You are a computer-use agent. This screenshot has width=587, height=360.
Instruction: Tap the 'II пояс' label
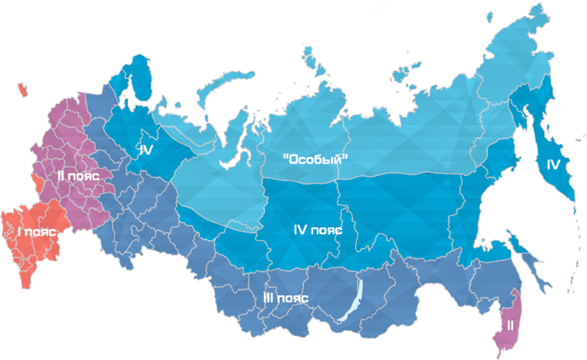pos(78,175)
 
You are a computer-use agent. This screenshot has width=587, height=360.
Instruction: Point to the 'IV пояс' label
pos(318,231)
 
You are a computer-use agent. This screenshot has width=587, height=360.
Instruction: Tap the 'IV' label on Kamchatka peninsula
pos(553,165)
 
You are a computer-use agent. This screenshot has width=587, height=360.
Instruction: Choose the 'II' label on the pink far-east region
pos(510,325)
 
